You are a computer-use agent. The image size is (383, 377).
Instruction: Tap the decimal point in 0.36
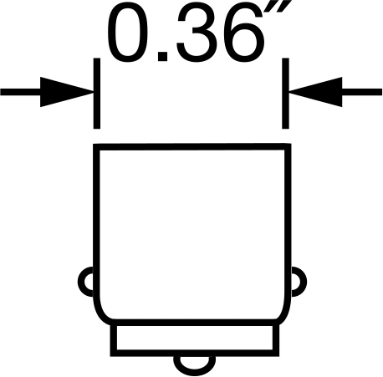point(162,56)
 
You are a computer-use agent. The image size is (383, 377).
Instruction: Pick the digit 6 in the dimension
point(248,33)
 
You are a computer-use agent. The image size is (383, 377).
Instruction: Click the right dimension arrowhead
point(315,92)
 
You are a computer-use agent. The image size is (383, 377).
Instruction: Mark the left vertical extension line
point(97,94)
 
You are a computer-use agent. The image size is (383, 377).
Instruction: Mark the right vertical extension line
point(285,94)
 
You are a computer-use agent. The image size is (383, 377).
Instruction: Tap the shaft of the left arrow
point(20,92)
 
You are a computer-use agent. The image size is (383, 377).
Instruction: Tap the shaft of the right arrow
point(362,92)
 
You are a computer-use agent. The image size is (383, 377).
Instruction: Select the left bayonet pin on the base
point(85,282)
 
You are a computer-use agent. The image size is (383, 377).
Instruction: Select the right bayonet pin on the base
point(299,282)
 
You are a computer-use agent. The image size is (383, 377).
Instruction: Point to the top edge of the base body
point(192,146)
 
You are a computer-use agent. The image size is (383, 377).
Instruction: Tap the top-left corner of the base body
point(96,147)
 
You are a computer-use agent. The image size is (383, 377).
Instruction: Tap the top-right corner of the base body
point(289,146)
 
